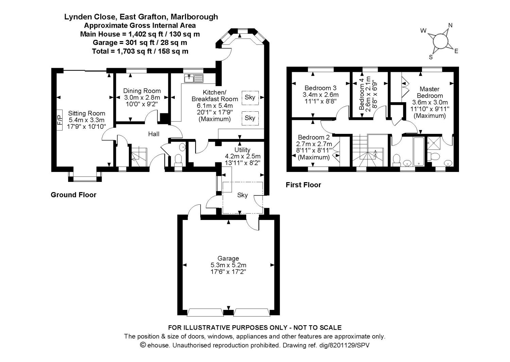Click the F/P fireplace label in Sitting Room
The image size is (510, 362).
point(60,120)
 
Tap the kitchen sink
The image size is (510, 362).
point(193,78)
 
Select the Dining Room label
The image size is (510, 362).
point(142,91)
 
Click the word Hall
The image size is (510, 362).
point(154,134)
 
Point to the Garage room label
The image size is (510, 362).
point(228,258)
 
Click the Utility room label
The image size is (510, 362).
point(242,150)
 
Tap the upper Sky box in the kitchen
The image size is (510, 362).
point(250,98)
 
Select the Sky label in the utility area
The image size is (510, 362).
point(242,195)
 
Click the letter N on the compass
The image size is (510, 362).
point(450,25)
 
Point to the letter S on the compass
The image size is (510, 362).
point(430,57)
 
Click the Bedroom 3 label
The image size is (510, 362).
point(321,88)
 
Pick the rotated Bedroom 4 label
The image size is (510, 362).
point(361,94)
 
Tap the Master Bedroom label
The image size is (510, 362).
point(430,92)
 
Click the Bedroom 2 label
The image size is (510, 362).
point(314,137)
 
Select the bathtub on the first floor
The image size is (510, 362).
point(419,151)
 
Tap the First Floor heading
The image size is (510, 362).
point(303,185)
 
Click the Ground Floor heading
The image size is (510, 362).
point(73,195)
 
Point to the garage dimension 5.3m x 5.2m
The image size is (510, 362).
point(228,265)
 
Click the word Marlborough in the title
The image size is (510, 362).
point(194,17)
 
